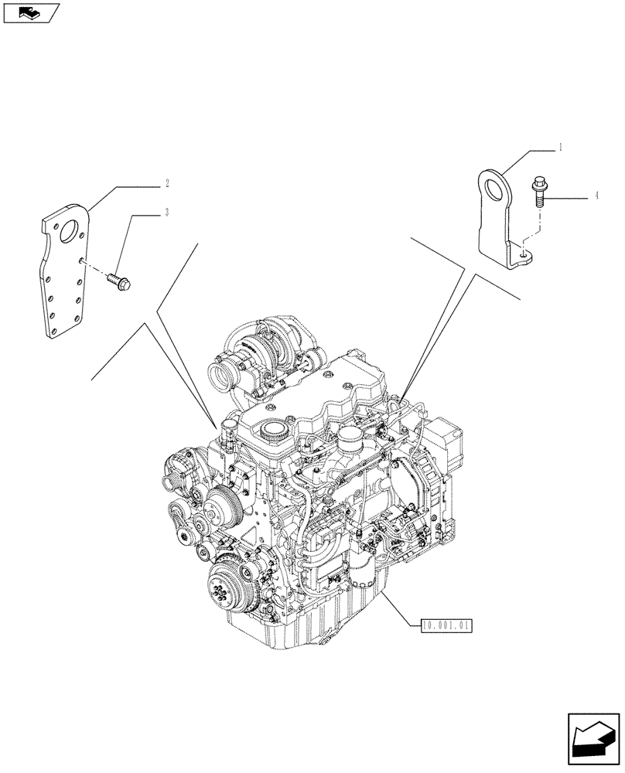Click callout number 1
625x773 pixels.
[x=539, y=146]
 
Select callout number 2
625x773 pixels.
[x=167, y=184]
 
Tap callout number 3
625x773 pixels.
[x=167, y=212]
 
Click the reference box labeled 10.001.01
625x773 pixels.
[x=447, y=624]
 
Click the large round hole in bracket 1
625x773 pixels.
[x=490, y=190]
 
